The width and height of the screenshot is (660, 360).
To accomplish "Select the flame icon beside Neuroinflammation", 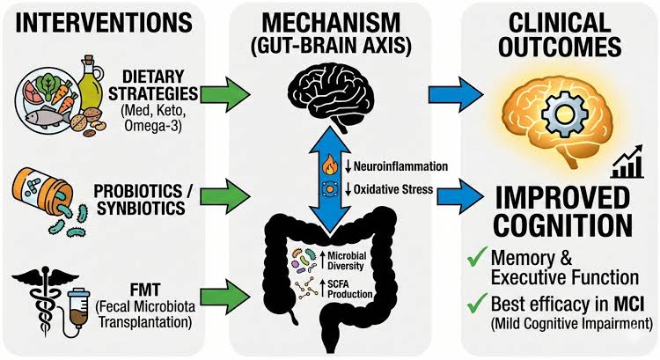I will (333, 164).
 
